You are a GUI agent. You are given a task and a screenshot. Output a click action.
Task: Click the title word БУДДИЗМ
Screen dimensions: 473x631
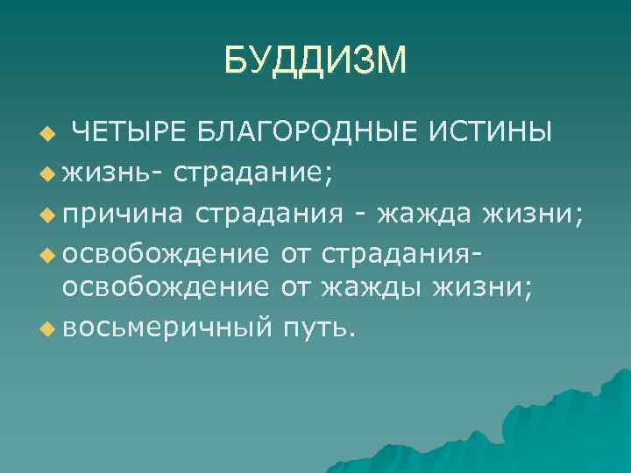pyautogui.click(x=315, y=60)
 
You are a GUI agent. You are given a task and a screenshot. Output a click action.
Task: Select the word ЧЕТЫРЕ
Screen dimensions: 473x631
pyautogui.click(x=127, y=133)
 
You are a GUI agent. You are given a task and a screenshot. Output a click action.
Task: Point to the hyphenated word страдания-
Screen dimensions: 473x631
pyautogui.click(x=405, y=253)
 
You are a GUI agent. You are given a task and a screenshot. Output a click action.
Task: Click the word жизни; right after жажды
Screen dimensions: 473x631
pyautogui.click(x=481, y=287)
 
